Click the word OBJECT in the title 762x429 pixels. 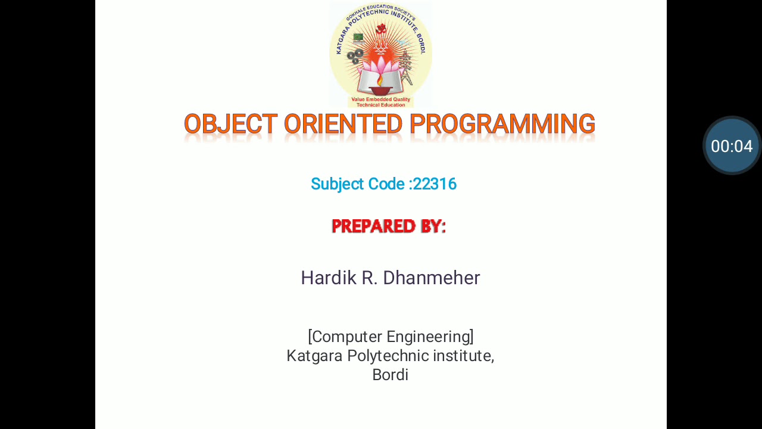(230, 125)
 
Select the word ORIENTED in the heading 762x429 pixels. (343, 125)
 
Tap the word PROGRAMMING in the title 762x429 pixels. (502, 125)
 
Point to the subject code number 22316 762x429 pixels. (435, 184)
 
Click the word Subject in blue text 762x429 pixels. (337, 184)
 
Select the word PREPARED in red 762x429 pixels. (374, 226)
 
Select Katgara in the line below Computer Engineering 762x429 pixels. (314, 356)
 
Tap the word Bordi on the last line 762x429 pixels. (390, 375)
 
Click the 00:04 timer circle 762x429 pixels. (732, 146)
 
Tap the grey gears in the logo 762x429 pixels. (355, 57)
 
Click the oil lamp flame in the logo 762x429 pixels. (380, 80)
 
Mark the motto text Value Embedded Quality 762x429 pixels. (380, 100)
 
